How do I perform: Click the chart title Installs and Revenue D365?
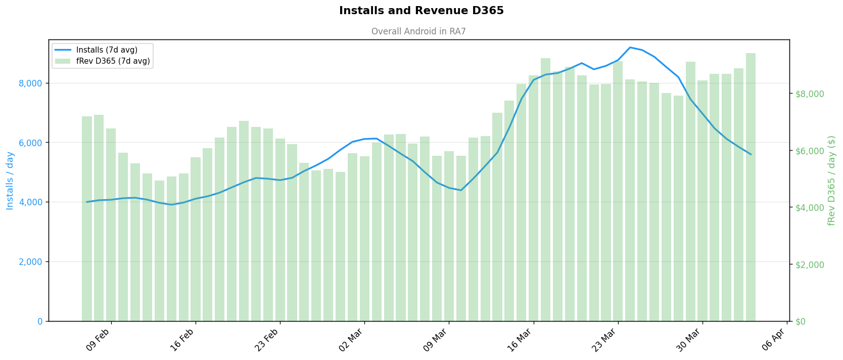coord(421,11)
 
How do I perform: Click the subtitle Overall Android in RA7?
coord(418,31)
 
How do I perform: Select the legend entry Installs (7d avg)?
coord(107,50)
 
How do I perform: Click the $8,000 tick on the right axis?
coord(810,94)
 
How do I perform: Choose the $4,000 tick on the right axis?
coord(810,208)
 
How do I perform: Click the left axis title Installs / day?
coord(10,181)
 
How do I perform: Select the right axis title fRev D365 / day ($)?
coord(831,181)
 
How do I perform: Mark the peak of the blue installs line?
coord(630,48)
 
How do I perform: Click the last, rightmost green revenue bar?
coord(751,187)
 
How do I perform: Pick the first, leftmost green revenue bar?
coord(87,218)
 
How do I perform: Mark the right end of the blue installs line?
coord(751,154)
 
